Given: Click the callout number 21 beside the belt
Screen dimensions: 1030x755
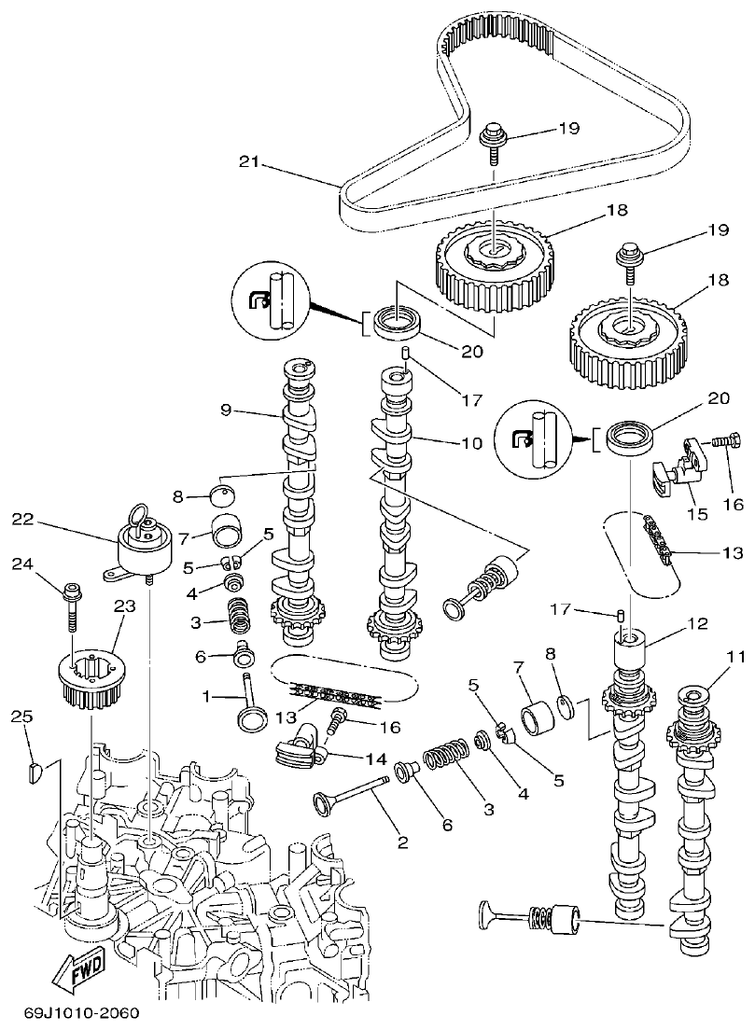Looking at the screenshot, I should (x=248, y=161).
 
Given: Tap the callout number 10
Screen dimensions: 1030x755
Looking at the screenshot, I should (x=471, y=443).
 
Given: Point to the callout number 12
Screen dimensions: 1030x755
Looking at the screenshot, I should (x=697, y=623).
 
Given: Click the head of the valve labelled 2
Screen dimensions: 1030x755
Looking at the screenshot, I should (x=326, y=801).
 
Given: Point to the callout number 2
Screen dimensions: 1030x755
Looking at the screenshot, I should (x=403, y=842).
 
